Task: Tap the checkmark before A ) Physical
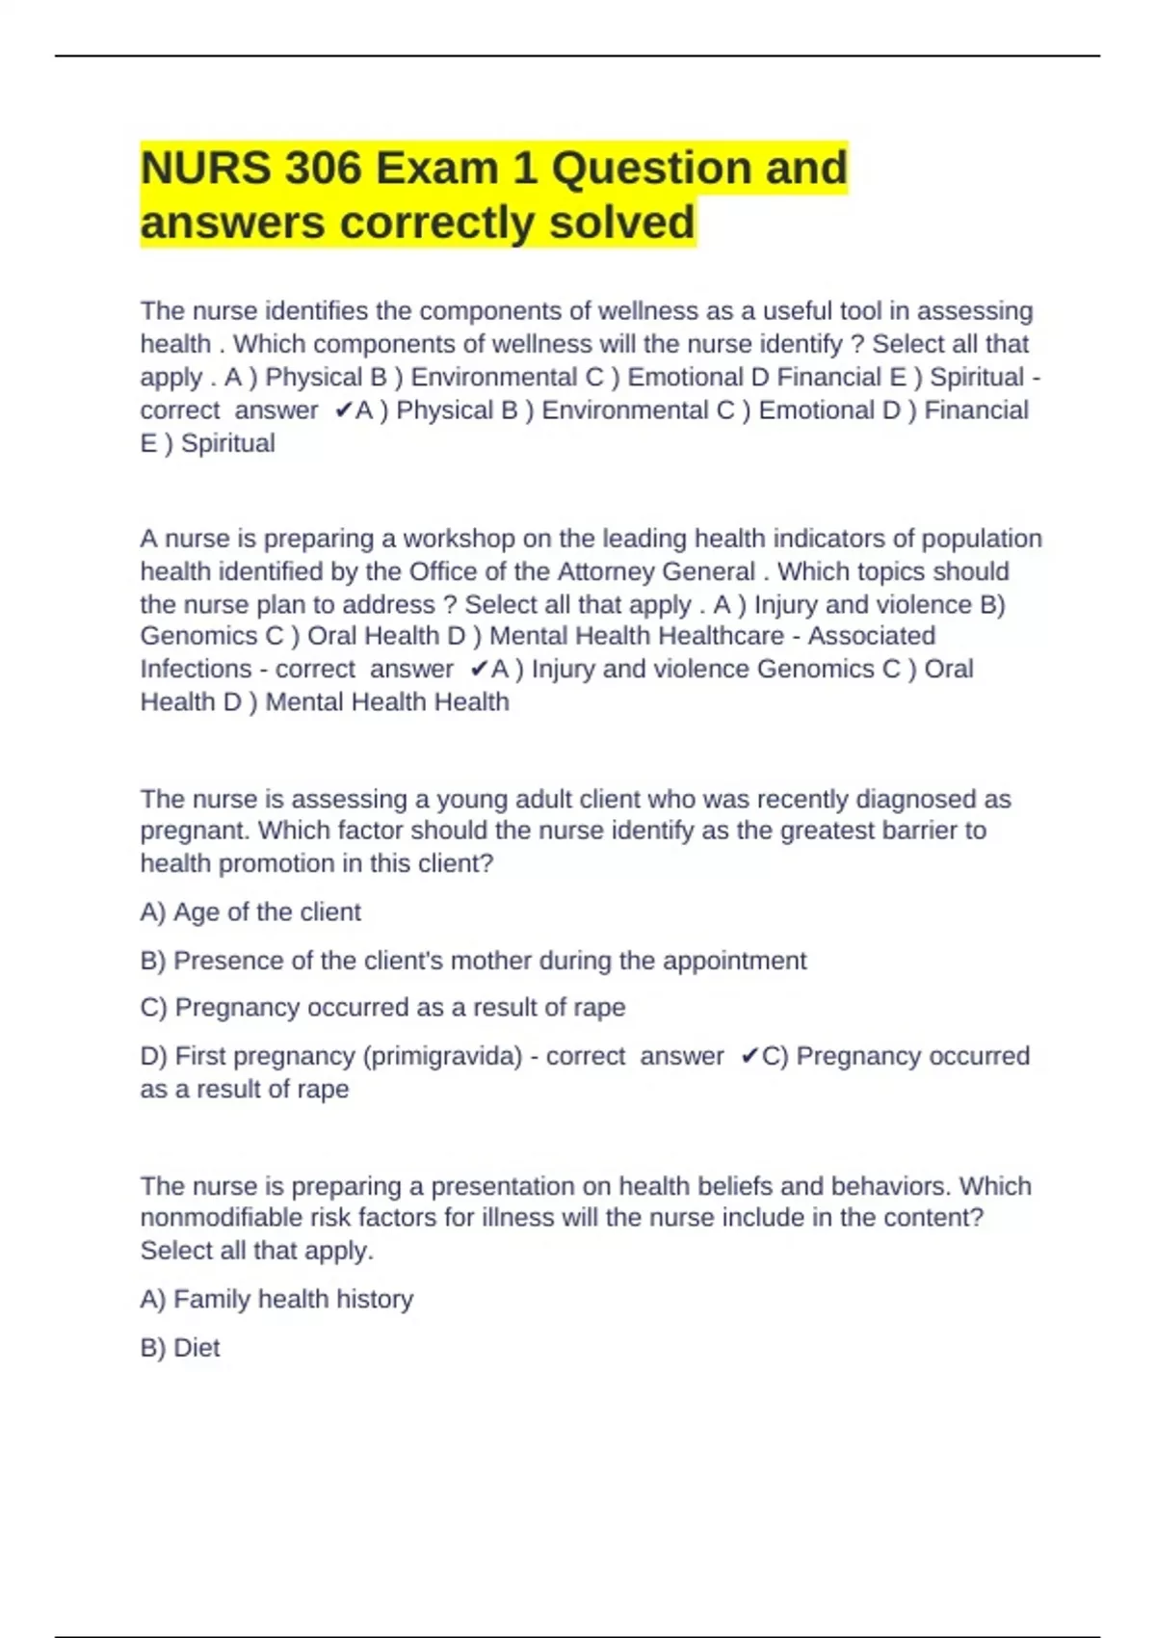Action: click(x=343, y=410)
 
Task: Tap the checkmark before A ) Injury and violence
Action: click(x=479, y=669)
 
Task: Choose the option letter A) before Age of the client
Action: click(x=153, y=912)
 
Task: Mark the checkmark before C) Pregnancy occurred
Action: click(x=749, y=1056)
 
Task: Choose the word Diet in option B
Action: click(x=197, y=1348)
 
